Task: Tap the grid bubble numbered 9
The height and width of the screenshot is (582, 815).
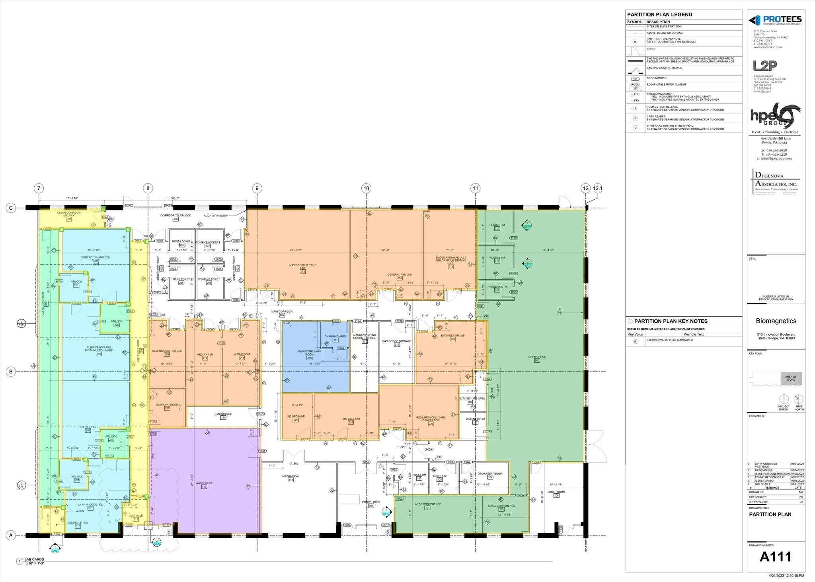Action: [x=257, y=188]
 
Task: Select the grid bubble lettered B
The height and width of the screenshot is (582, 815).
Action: [x=11, y=372]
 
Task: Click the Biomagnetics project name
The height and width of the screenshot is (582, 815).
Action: [x=776, y=321]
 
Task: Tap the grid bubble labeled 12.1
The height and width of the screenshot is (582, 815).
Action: [x=598, y=188]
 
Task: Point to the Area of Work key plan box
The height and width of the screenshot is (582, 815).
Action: [x=791, y=378]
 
